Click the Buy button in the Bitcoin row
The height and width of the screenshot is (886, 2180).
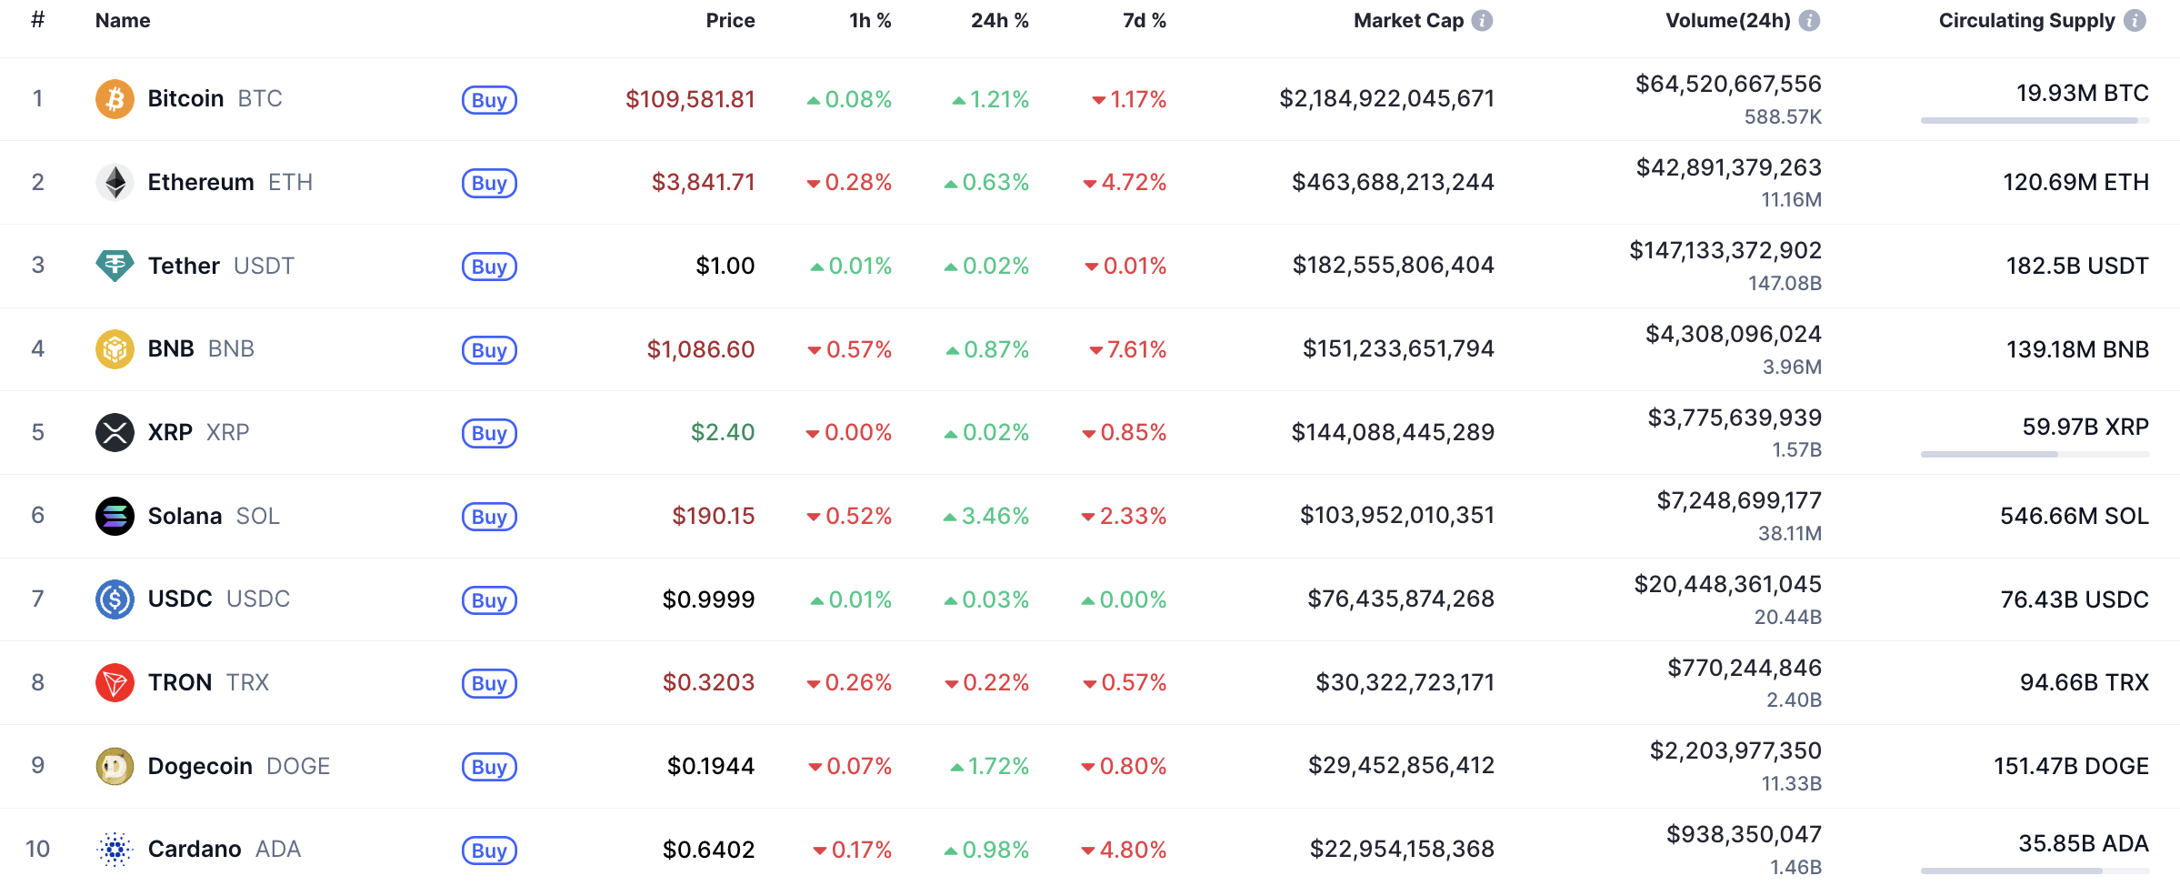pos(489,100)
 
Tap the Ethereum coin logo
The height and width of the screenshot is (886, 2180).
pos(115,182)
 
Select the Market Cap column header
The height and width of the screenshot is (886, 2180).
pos(1408,20)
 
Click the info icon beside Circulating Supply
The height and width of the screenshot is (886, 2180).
pos(2135,20)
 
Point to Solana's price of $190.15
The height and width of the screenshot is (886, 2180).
pos(713,516)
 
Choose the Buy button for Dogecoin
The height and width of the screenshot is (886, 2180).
pos(489,767)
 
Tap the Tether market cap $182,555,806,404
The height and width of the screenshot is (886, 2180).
pos(1393,265)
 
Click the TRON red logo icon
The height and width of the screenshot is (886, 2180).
pos(115,682)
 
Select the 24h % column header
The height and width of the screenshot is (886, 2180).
pos(999,20)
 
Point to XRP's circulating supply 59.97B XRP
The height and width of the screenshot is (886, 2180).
pos(2085,427)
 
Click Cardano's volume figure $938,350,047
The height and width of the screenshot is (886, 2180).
pos(1743,834)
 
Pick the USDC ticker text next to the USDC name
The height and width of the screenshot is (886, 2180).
pos(258,599)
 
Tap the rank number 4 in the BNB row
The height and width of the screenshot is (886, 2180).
pos(37,348)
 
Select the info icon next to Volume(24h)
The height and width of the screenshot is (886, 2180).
pos(1809,20)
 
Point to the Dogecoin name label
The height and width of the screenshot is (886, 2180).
pos(200,766)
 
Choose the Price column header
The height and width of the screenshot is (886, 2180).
pos(730,20)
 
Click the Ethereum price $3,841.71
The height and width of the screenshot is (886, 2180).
pos(703,182)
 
